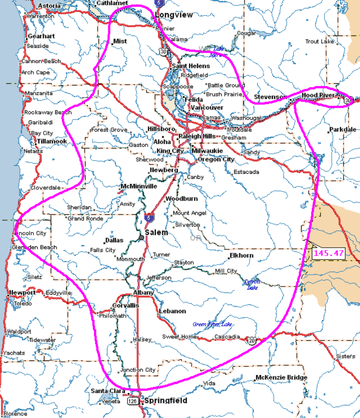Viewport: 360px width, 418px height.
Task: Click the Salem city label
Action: click(x=156, y=232)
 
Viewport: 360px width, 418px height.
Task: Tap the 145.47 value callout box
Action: click(x=328, y=253)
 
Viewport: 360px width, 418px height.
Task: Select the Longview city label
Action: click(x=173, y=15)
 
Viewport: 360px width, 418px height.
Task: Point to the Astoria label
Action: click(x=49, y=6)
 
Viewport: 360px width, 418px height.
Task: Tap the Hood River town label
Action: click(x=318, y=96)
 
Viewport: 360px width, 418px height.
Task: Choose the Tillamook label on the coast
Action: click(x=52, y=141)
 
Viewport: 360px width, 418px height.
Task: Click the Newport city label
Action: click(x=22, y=292)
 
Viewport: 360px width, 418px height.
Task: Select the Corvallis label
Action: click(x=126, y=306)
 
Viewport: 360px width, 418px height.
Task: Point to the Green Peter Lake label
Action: click(x=212, y=324)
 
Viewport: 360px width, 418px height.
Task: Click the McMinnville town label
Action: click(x=139, y=186)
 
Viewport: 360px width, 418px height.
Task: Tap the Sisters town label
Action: click(x=345, y=356)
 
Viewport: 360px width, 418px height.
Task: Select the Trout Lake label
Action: click(x=319, y=41)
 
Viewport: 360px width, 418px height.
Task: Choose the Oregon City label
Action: click(x=216, y=159)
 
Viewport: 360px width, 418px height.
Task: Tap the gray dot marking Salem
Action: click(x=141, y=238)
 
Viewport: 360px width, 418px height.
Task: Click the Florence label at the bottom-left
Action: click(x=15, y=414)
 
